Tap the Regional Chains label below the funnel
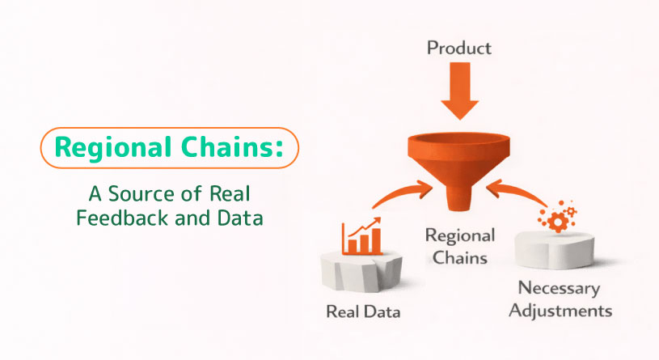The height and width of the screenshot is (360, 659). pyautogui.click(x=459, y=248)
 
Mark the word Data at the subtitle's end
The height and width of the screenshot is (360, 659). pyautogui.click(x=243, y=219)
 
